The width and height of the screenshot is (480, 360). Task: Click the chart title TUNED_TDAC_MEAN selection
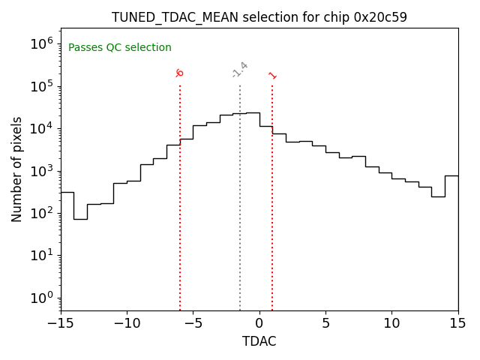point(259,17)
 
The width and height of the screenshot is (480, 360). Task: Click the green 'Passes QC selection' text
point(120,48)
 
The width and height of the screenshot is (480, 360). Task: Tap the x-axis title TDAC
point(259,341)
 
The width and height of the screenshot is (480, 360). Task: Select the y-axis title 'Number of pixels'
point(17,169)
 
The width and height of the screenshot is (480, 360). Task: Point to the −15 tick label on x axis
point(61,323)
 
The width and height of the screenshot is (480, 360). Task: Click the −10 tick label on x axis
point(127,323)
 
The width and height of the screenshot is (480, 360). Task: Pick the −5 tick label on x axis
point(193,323)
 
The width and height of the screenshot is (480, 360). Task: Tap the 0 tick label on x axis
point(259,323)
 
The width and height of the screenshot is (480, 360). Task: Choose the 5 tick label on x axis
point(325,323)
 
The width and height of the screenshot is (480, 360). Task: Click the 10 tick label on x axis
point(391,323)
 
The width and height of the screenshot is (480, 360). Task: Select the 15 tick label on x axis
point(457,323)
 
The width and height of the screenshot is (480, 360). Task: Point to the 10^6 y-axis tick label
point(40,43)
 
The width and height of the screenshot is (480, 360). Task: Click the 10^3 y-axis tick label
point(40,170)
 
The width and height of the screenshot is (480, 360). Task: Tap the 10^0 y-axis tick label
point(40,298)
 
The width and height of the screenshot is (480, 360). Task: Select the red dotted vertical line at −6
point(180,225)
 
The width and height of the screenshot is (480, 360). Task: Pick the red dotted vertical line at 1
point(272,225)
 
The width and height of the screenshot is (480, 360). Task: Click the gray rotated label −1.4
point(239,70)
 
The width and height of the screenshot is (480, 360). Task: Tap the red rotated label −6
point(179,73)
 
